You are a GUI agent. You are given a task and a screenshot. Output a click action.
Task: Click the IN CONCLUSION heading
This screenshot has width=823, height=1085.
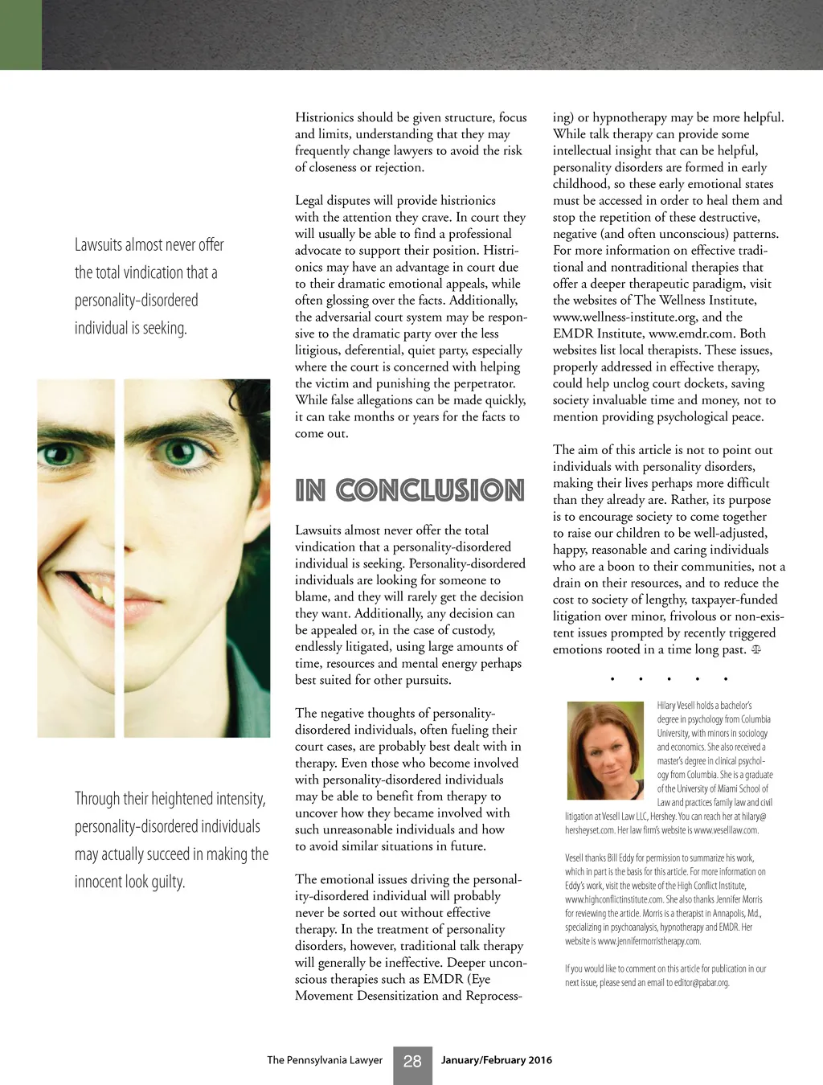[410, 490]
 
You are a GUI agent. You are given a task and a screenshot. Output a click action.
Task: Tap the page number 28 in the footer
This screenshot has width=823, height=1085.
[412, 1062]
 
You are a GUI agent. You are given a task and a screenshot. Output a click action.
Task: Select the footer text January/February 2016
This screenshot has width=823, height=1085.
[496, 1060]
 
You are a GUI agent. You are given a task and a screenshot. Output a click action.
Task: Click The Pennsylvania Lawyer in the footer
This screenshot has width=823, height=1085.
[325, 1060]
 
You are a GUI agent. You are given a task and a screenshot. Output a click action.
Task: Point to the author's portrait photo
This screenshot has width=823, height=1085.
[605, 751]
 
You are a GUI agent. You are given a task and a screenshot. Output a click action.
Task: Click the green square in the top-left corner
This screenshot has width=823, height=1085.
[20, 35]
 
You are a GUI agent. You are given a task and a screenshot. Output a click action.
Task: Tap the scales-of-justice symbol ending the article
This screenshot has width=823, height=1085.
[755, 649]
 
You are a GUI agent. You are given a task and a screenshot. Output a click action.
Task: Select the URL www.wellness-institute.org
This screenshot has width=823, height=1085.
[624, 317]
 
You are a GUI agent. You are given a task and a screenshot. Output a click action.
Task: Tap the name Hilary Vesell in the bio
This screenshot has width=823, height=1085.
[675, 706]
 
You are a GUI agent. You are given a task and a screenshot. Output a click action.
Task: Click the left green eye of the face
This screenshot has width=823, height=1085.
[60, 455]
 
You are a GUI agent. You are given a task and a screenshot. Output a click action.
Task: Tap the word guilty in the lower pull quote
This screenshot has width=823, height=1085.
[169, 882]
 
